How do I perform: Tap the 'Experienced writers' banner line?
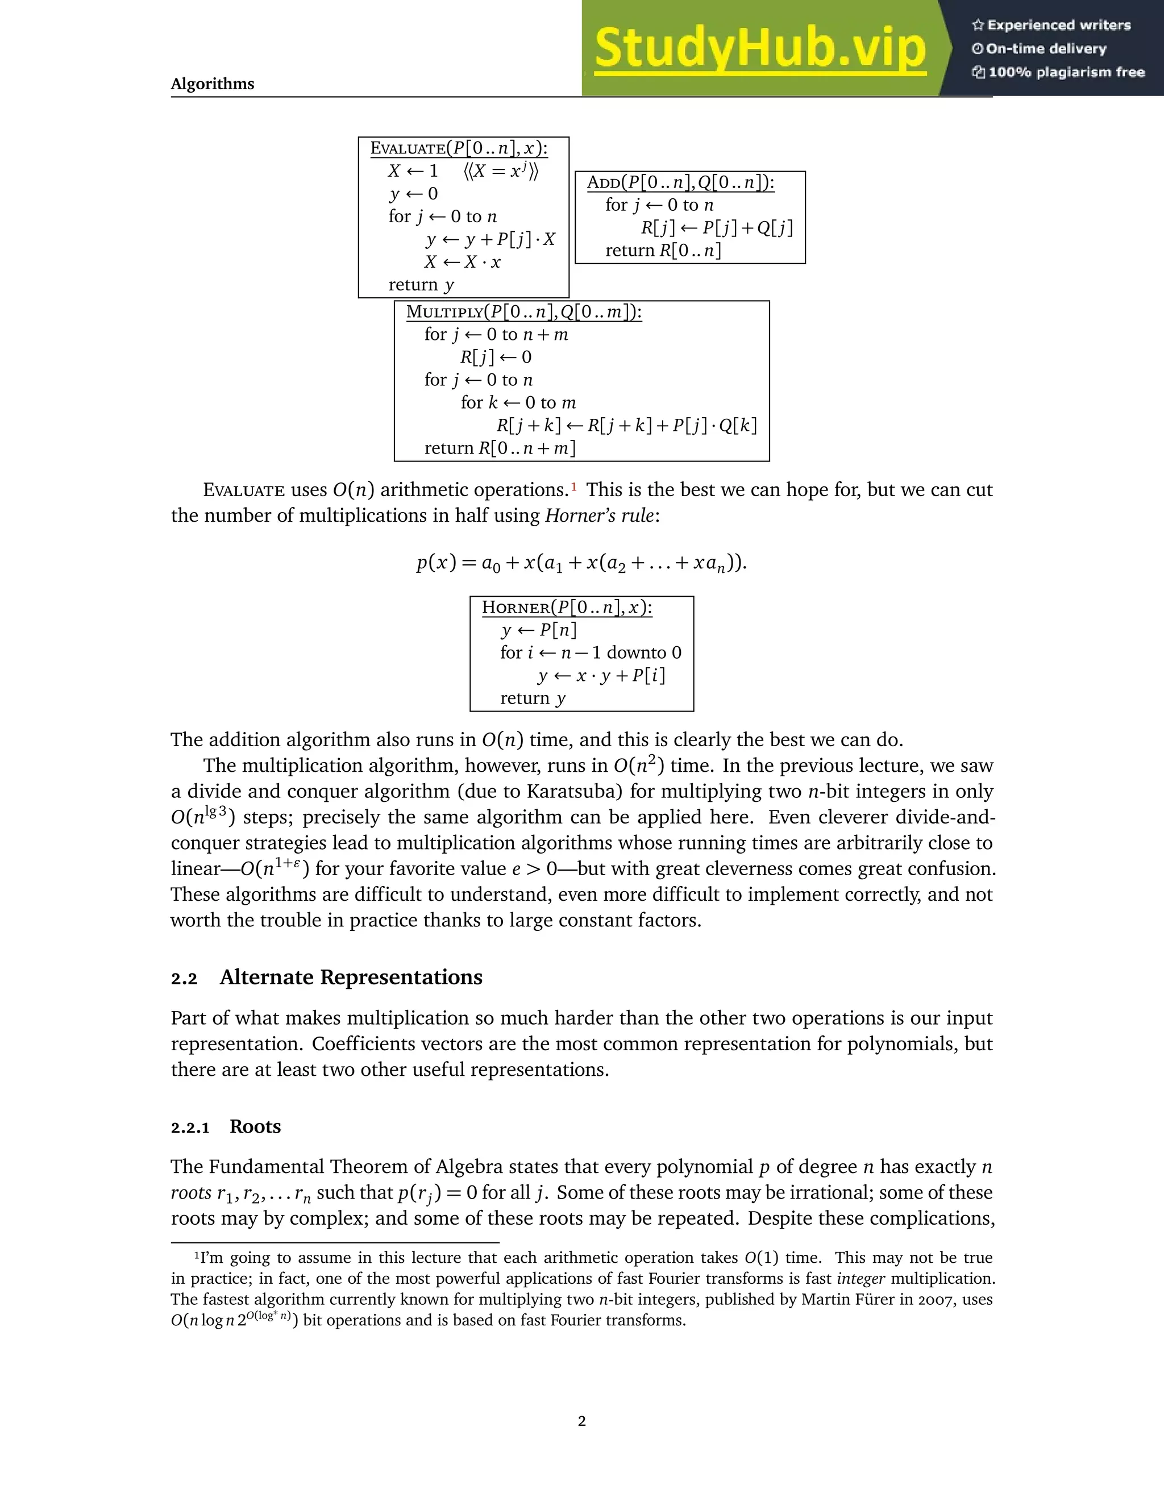coord(1051,26)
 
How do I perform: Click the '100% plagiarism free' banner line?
coord(1058,72)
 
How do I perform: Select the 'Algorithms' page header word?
coord(213,84)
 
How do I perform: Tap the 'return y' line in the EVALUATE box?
coord(421,285)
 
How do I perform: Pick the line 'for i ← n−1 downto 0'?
coord(591,652)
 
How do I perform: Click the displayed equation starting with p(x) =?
coord(581,563)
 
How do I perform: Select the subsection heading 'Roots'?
coord(255,1127)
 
